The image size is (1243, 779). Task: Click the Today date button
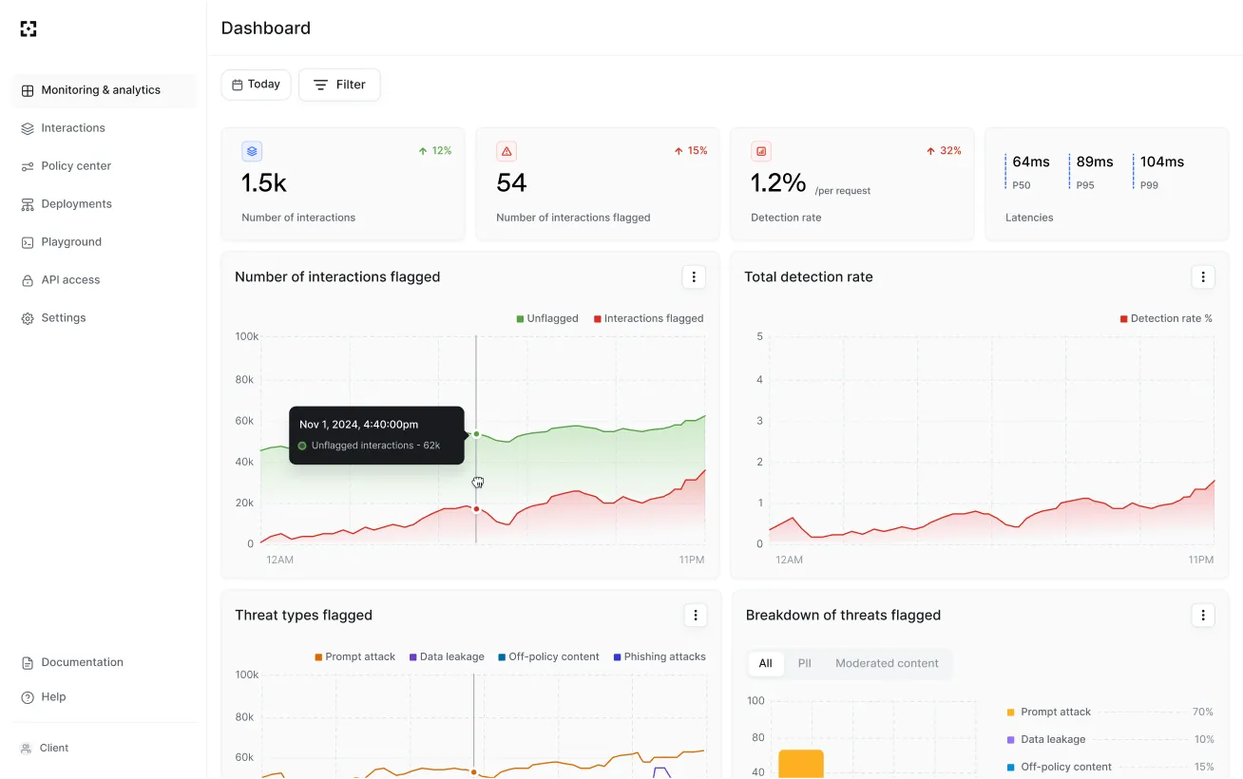256,85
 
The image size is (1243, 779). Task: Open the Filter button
339,85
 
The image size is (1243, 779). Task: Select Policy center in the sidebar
76,166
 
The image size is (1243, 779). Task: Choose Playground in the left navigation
71,242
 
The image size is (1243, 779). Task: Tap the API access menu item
70,280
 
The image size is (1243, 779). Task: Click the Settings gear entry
63,318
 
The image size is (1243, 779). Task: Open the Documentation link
82,662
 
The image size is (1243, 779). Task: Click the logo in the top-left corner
29,28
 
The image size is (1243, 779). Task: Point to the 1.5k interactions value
264,182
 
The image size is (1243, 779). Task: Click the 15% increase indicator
691,151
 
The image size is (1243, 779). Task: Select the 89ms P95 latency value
1095,162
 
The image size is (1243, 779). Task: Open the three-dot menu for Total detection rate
1203,277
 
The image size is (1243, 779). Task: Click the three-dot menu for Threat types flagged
696,616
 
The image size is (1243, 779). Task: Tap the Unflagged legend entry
547,319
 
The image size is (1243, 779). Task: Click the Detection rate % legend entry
1166,319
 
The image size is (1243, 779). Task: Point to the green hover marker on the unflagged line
476,434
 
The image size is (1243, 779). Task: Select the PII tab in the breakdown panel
804,663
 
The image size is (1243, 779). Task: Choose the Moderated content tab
887,663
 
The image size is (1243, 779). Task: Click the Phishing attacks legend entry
660,657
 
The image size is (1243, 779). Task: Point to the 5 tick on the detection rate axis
759,336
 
